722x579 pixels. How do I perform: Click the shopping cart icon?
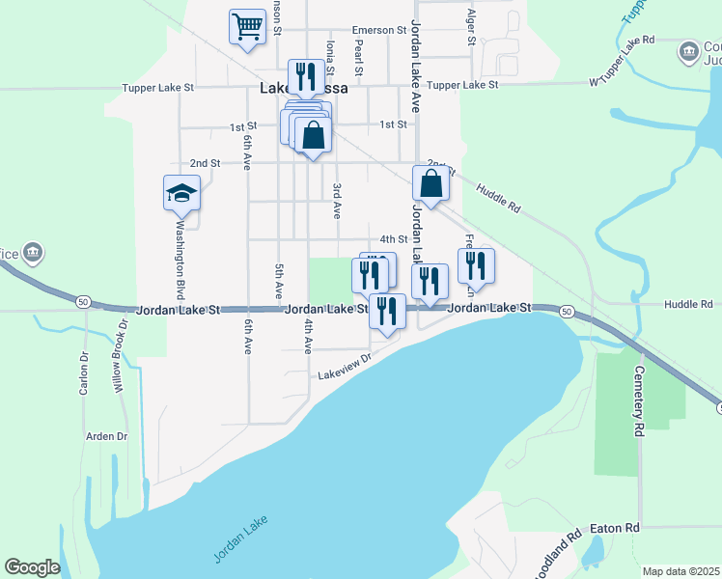coord(247,26)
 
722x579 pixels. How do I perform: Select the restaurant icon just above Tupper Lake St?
coord(306,76)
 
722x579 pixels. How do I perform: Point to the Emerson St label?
coord(379,30)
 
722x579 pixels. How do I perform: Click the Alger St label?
coord(471,28)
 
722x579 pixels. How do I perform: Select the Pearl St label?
coord(358,57)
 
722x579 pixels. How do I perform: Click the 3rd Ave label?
coord(337,201)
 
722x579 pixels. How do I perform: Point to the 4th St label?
coord(394,238)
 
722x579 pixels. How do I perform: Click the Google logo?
coord(32,566)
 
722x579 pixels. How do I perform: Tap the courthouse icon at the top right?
coord(690,51)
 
